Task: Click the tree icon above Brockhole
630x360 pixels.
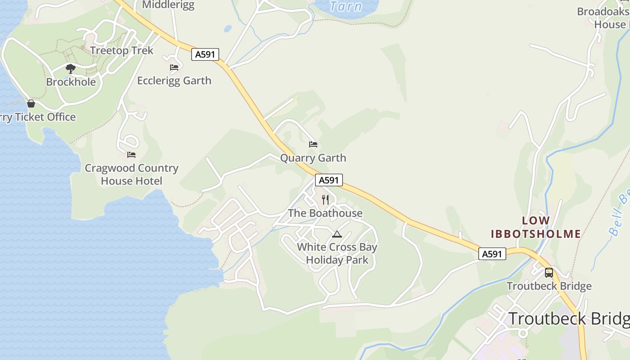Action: (x=70, y=69)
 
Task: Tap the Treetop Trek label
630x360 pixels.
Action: (x=121, y=50)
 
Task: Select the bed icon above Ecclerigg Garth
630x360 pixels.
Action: (x=174, y=67)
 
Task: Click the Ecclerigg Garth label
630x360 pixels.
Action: (x=174, y=81)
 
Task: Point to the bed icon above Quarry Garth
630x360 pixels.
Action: (x=313, y=144)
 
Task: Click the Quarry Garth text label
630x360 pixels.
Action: (x=313, y=158)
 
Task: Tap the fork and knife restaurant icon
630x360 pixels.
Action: (x=325, y=199)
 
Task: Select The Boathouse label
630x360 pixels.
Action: (x=325, y=213)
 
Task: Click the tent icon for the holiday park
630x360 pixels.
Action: (x=337, y=234)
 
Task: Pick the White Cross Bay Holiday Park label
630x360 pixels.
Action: (x=337, y=253)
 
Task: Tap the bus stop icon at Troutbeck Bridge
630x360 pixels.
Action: (x=549, y=272)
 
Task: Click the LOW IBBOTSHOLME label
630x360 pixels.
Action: (x=535, y=227)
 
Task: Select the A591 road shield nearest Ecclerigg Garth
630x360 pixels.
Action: (x=205, y=54)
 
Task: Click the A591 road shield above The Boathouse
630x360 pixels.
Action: (x=328, y=180)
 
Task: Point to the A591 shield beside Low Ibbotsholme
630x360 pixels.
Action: (x=492, y=254)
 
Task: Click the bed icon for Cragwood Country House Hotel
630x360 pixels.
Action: (x=131, y=155)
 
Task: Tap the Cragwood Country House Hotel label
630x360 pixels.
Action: (x=131, y=175)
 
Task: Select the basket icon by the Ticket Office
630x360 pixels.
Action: (x=31, y=103)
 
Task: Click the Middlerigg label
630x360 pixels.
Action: (x=168, y=5)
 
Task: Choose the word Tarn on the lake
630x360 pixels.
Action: (x=346, y=6)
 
